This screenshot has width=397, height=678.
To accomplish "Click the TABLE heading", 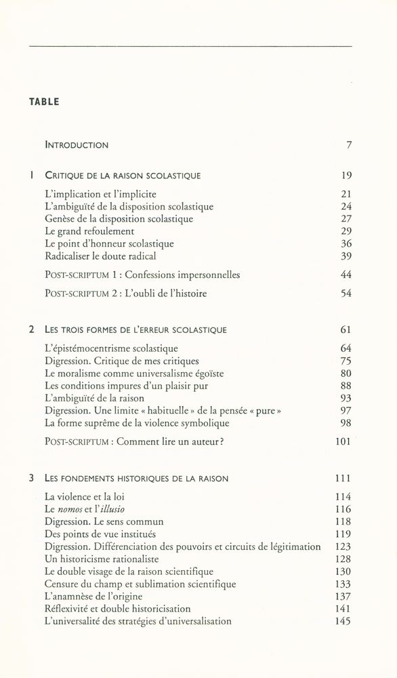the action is (44, 102).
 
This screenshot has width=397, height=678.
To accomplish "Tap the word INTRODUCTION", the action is (77, 144).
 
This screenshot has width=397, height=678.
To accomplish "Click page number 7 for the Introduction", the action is (348, 144).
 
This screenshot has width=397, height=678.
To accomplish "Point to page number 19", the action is (346, 175).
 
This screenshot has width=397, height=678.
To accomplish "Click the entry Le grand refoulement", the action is (89, 231).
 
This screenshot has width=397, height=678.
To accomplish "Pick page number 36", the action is (346, 243).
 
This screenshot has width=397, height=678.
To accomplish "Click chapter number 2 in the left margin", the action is (32, 330).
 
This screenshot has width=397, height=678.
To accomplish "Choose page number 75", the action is (346, 361).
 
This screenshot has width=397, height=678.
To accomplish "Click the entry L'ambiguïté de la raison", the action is (100, 397).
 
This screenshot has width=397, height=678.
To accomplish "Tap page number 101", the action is (343, 441).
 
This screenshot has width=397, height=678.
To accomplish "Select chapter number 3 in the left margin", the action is (32, 478).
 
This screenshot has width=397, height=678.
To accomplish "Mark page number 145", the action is (343, 620).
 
